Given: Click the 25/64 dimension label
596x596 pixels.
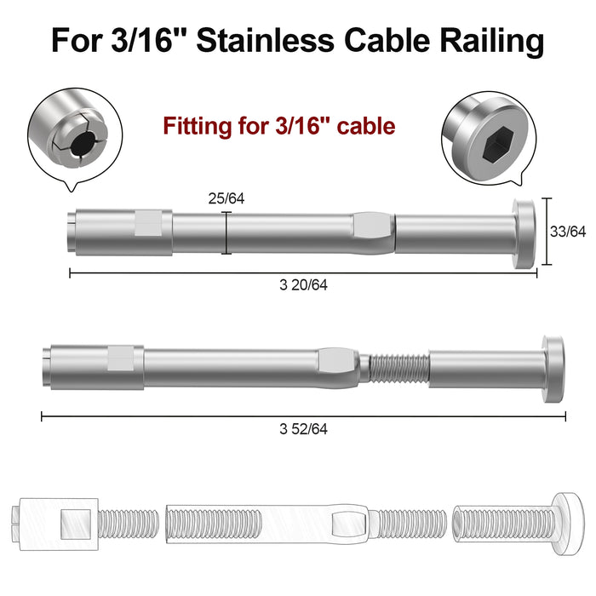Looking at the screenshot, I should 226,199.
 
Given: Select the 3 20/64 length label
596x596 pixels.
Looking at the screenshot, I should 303,286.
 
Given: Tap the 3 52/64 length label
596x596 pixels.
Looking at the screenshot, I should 303,429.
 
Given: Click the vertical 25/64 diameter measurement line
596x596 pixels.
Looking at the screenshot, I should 226,233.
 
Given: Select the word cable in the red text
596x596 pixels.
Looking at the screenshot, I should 366,127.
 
